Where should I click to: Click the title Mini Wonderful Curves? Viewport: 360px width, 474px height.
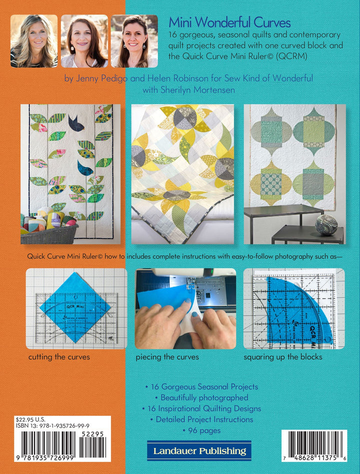229,23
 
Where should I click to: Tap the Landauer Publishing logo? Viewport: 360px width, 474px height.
199,451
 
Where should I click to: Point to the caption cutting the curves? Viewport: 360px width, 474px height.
59,357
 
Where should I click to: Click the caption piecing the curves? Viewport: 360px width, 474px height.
167,357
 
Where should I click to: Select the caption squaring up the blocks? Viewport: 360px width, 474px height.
283,357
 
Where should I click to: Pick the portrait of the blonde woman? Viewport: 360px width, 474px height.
34,41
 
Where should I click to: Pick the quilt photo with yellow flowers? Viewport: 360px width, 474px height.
182,174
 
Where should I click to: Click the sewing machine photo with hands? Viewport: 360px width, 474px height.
185,308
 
